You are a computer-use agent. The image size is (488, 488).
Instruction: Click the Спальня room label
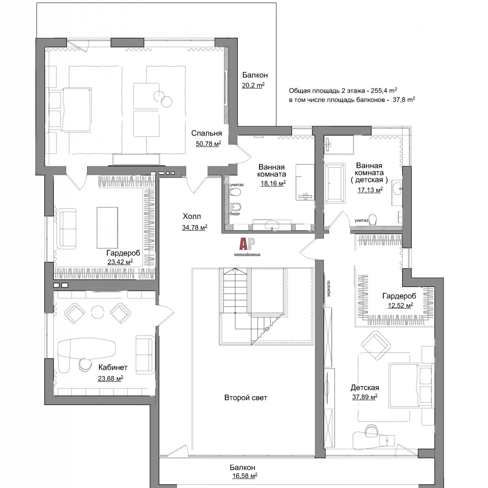tap(207, 133)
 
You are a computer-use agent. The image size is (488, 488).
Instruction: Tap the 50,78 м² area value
tap(208, 143)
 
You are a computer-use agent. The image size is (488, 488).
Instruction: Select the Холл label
tap(192, 216)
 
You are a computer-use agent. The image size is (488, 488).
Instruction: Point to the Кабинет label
tap(113, 368)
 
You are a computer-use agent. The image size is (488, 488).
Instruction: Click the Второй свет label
tap(246, 398)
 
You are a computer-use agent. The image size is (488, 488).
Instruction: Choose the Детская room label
tap(365, 388)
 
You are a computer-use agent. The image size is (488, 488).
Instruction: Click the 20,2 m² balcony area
tap(253, 85)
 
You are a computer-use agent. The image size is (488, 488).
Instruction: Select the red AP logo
tap(247, 243)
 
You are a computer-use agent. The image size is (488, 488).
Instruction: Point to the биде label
tap(235, 214)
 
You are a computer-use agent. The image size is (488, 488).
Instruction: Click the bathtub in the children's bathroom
tap(335, 183)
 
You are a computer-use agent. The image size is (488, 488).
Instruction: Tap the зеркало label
tap(328, 289)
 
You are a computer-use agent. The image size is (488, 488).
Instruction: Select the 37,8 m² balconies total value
tap(404, 100)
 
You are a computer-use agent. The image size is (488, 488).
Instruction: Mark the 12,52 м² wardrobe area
tap(400, 305)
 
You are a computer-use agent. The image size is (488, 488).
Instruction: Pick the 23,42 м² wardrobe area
tap(120, 262)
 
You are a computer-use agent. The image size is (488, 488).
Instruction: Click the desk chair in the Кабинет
tap(85, 365)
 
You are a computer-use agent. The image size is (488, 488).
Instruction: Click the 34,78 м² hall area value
tap(195, 227)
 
